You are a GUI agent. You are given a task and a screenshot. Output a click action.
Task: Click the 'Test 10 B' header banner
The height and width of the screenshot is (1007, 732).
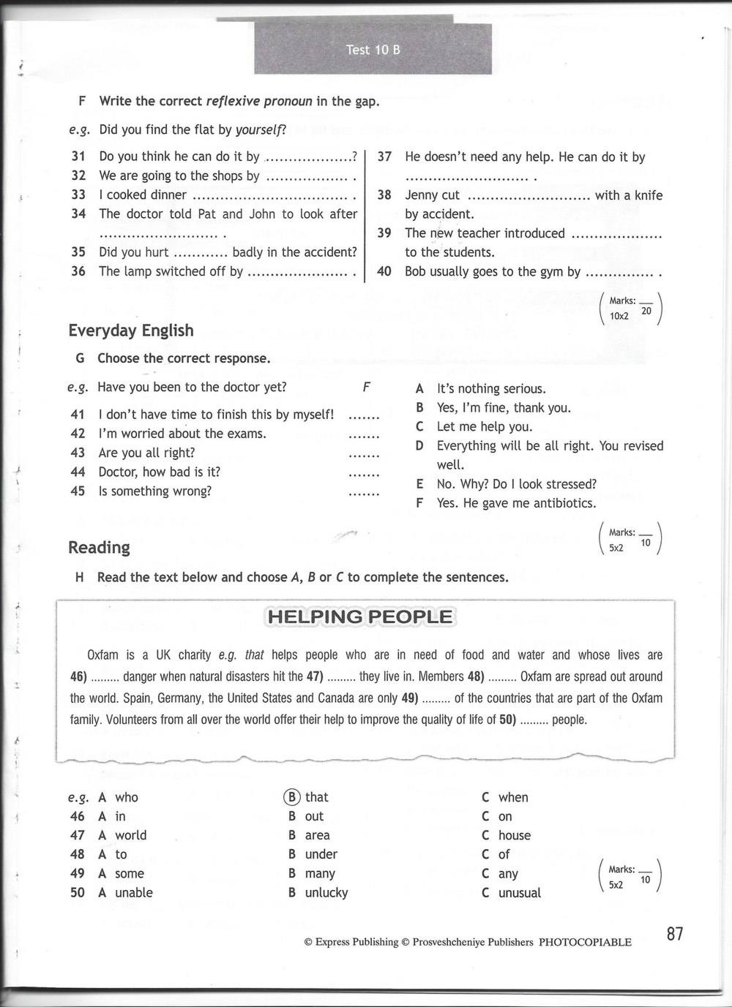pyautogui.click(x=373, y=50)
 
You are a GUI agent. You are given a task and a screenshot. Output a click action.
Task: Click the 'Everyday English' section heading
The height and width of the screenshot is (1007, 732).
pyautogui.click(x=131, y=331)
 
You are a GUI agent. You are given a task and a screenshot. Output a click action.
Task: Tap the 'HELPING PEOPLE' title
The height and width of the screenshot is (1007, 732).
pyautogui.click(x=360, y=617)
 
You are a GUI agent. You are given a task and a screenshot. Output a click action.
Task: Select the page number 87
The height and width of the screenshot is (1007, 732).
pyautogui.click(x=675, y=933)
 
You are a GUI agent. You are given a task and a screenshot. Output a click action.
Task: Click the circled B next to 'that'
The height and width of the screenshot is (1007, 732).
pyautogui.click(x=292, y=797)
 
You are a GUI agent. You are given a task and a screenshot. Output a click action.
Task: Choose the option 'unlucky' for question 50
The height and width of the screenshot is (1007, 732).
pyautogui.click(x=326, y=893)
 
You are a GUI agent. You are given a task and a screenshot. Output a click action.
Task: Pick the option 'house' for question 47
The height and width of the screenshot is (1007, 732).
pyautogui.click(x=514, y=835)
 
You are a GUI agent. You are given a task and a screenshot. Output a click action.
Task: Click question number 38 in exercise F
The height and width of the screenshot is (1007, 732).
pyautogui.click(x=384, y=195)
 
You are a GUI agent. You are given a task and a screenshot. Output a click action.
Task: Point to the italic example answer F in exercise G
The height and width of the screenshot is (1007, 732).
pyautogui.click(x=367, y=388)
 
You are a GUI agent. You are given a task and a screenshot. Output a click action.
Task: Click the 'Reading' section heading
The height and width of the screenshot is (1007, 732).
pyautogui.click(x=99, y=548)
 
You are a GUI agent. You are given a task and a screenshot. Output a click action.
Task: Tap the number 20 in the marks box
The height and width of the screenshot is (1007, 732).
pyautogui.click(x=646, y=311)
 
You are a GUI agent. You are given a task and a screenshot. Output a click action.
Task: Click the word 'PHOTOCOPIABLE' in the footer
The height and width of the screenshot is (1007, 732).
pyautogui.click(x=585, y=943)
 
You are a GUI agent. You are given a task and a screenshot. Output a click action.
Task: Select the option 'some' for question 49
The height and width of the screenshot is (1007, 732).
pyautogui.click(x=130, y=874)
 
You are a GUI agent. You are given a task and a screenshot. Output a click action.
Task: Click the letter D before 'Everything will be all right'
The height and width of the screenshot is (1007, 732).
pyautogui.click(x=419, y=446)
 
